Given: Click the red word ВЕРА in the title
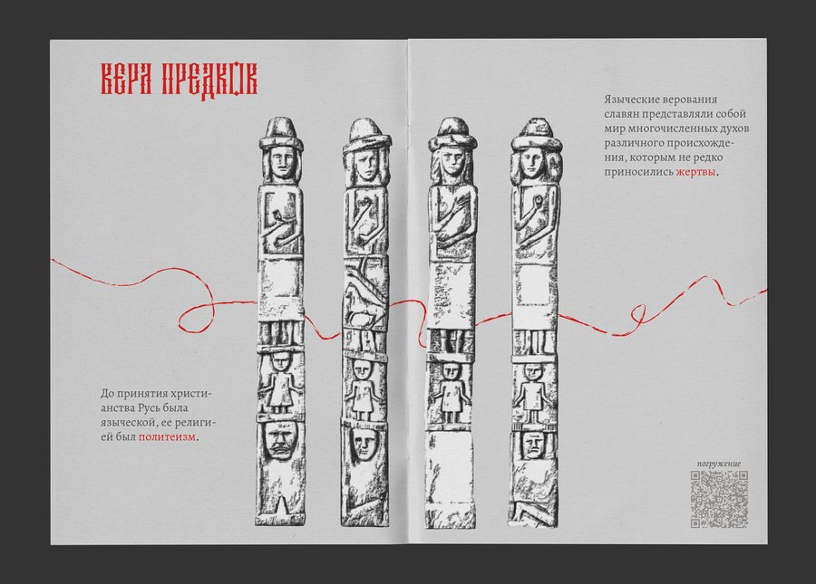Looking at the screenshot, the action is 126,80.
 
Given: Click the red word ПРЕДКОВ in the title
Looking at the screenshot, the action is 209,80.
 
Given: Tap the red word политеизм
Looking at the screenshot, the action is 168,436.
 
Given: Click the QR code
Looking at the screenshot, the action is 719,499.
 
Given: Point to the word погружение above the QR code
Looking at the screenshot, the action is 719,464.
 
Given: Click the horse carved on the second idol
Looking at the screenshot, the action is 366,311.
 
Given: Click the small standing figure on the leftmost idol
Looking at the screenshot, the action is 282,382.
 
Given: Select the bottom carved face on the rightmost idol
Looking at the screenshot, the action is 532,445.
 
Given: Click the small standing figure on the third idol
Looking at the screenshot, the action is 452,392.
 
